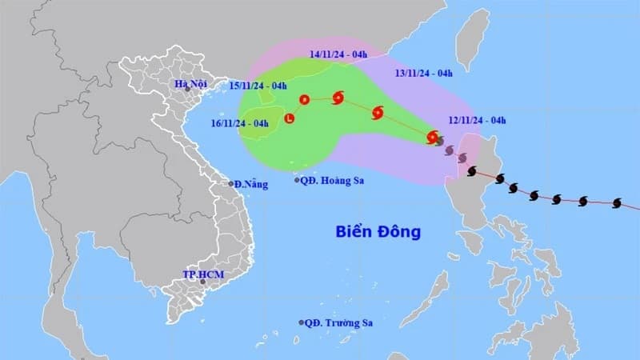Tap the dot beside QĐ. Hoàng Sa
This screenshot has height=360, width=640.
[x=297, y=180]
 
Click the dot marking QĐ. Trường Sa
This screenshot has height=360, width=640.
[x=302, y=322]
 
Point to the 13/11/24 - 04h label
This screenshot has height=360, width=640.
[x=424, y=73]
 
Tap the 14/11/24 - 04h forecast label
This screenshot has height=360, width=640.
[x=338, y=54]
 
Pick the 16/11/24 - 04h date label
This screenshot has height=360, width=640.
[x=239, y=123]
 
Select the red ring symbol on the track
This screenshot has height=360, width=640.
[x=304, y=100]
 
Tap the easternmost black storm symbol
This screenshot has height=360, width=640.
[x=617, y=204]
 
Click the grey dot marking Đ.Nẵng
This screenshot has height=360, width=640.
[x=231, y=184]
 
